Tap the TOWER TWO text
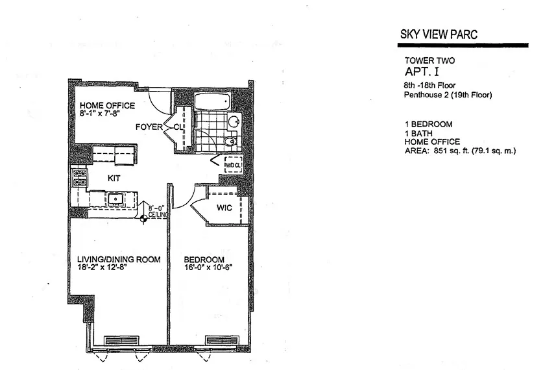coord(429,60)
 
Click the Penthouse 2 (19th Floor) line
coord(448,95)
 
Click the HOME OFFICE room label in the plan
coord(107,106)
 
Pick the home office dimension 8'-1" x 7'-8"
coord(107,114)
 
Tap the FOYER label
coord(148,127)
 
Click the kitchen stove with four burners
coord(79,178)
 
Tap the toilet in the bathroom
coord(229,142)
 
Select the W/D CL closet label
coord(232,166)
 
